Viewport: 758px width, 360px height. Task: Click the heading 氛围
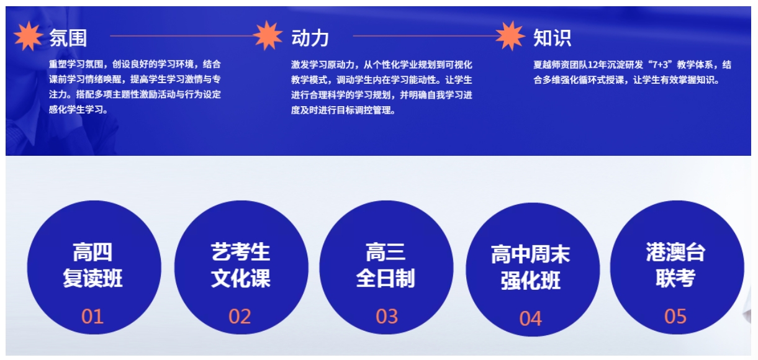pos(68,38)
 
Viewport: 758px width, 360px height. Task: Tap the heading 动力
pos(310,38)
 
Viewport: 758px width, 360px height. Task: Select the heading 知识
pos(553,38)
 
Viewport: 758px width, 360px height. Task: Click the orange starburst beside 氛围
pos(29,36)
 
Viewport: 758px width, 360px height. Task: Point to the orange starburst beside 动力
pos(268,35)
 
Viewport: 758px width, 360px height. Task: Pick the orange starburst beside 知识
pos(510,36)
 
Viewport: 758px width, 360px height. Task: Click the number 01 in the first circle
pos(92,317)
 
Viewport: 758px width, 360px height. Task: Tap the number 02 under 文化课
pos(240,317)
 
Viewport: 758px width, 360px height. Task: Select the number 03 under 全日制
pos(387,317)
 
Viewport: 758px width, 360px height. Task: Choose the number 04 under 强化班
pos(531,318)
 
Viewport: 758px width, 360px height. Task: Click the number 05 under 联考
pos(675,317)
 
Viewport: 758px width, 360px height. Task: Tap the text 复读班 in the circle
pos(92,278)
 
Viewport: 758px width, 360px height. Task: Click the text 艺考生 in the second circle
pos(241,252)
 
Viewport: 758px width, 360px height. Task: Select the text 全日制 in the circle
pos(386,278)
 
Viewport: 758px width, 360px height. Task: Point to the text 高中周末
pos(531,254)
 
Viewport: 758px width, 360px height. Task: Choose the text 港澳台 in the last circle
pos(676,252)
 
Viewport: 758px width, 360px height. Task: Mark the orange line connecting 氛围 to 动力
pos(182,36)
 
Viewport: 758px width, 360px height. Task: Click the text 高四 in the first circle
pos(92,252)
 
